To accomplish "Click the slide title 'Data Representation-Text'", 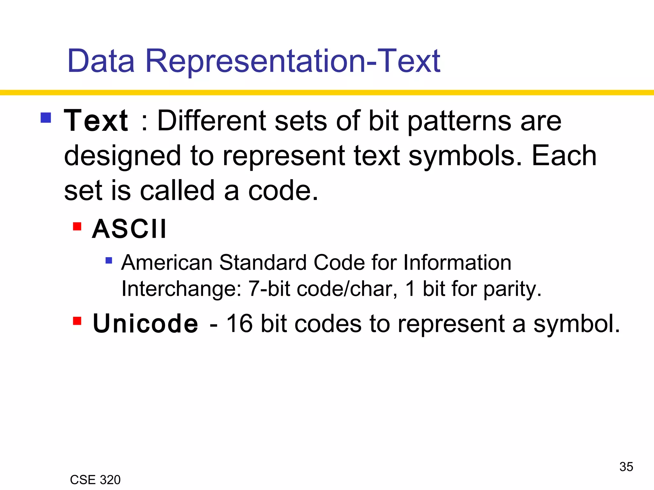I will pyautogui.click(x=254, y=61).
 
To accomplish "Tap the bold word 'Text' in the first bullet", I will pyautogui.click(x=96, y=121).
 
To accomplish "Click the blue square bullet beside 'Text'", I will pyautogui.click(x=46, y=118).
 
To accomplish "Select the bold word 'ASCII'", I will pyautogui.click(x=129, y=229).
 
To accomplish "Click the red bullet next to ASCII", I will pyautogui.click(x=77, y=226).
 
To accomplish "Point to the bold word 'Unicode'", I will pyautogui.click(x=145, y=324).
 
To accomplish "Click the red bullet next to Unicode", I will pyautogui.click(x=77, y=321).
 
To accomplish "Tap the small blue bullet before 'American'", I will pyautogui.click(x=109, y=261).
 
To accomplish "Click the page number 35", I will pyautogui.click(x=626, y=467).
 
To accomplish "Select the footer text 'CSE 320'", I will pyautogui.click(x=95, y=480).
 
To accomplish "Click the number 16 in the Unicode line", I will pyautogui.click(x=240, y=324).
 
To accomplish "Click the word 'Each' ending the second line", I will pyautogui.click(x=564, y=156).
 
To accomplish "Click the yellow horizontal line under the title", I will pyautogui.click(x=327, y=93).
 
